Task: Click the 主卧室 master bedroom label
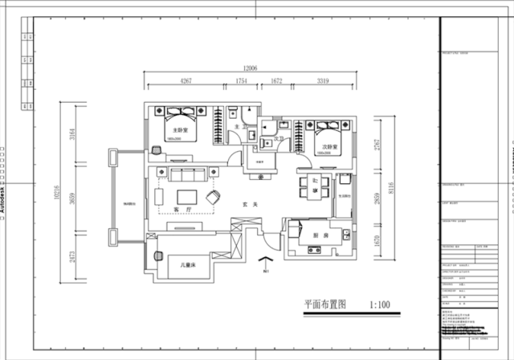181,129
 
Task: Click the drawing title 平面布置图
324,305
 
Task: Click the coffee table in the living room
187,195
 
